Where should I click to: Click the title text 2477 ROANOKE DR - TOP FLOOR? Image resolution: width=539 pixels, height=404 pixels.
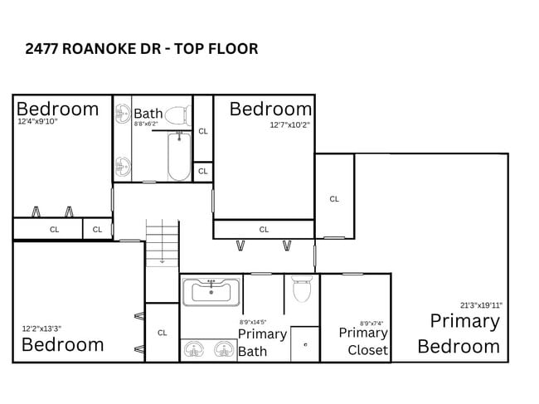pos(142,49)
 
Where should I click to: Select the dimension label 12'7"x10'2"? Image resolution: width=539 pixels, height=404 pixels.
pos(289,125)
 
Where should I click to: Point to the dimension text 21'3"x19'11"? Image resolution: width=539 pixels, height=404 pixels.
pos(481,305)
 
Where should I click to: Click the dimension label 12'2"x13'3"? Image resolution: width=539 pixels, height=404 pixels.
pos(41,329)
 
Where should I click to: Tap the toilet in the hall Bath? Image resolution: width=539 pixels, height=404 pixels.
pos(176,114)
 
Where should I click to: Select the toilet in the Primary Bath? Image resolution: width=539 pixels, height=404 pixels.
pos(301,290)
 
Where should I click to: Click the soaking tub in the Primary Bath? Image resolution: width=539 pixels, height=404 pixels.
pos(211,291)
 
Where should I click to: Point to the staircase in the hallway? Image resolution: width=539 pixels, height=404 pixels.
pos(163,241)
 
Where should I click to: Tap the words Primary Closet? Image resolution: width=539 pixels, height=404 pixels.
pos(363,341)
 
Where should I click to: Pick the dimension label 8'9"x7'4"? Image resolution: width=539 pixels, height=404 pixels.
pos(371,324)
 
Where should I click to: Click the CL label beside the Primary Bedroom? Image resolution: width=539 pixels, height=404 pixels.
pos(334,199)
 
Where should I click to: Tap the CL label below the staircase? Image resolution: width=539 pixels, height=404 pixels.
pos(163,333)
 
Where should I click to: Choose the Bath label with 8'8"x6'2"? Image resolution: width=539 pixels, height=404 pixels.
pos(148,114)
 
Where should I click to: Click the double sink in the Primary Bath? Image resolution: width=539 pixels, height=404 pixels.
pos(206,349)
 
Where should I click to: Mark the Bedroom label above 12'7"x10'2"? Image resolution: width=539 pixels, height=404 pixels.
pos(270,109)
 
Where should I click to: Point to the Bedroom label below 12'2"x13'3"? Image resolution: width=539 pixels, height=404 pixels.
pos(63,344)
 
